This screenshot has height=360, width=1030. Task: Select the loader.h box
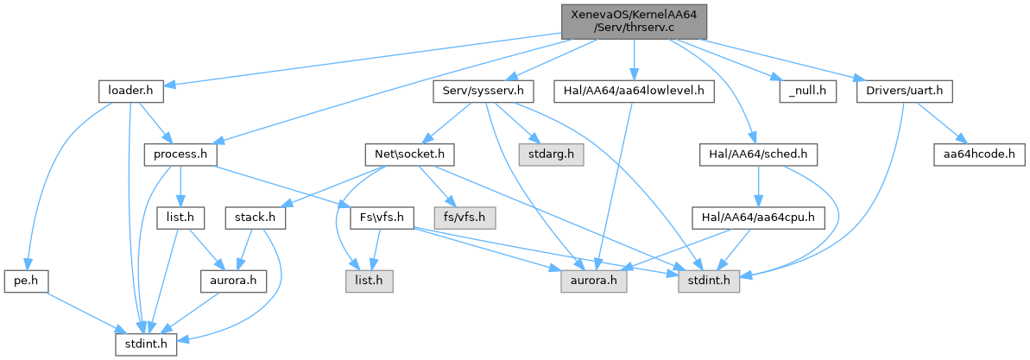[125, 90]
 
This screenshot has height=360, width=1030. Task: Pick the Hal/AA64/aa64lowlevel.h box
[634, 90]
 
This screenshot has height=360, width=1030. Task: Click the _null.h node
[808, 90]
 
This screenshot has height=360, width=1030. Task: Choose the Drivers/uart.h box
[903, 90]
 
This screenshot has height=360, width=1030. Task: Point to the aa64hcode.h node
[979, 154]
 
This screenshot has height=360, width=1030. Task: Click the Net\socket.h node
[409, 154]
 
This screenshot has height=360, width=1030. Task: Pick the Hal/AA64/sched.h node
[757, 154]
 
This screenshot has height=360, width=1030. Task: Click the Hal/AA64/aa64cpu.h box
[757, 218]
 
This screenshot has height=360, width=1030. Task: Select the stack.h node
[255, 218]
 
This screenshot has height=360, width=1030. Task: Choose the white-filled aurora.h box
[234, 281]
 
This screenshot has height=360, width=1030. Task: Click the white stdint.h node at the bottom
[147, 345]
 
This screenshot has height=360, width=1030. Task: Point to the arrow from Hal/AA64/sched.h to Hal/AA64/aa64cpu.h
[757, 186]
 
